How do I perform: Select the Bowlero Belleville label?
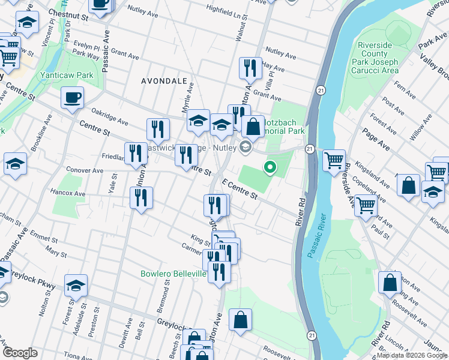[173, 274]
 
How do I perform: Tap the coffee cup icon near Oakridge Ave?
[72, 98]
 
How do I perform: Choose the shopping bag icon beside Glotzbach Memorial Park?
[253, 127]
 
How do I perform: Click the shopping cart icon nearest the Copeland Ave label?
[366, 206]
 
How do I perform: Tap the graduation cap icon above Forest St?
[76, 286]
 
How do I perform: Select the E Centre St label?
[240, 189]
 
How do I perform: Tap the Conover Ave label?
[85, 170]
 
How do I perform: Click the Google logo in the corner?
[20, 353]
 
